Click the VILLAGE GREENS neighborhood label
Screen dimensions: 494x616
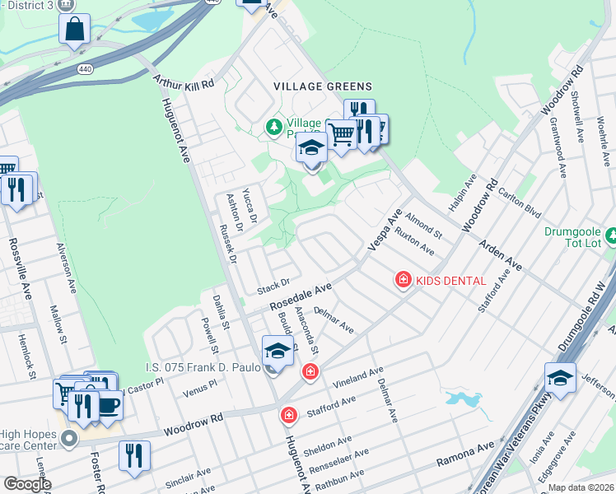323,86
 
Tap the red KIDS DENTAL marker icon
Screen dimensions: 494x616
404,281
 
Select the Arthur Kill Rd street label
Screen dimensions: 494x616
183,83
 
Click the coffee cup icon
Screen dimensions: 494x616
109,404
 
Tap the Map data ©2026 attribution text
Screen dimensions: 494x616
581,487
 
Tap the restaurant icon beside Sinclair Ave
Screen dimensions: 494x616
134,454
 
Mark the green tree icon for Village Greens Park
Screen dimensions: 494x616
273,128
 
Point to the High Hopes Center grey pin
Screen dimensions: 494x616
71,438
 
